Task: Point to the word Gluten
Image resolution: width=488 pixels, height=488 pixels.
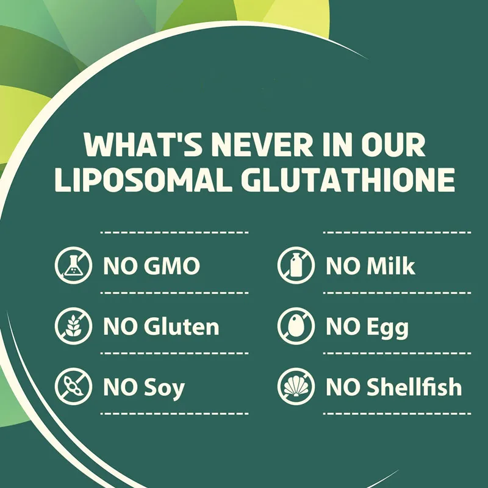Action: click(x=181, y=327)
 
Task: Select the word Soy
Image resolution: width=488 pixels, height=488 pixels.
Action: click(x=165, y=388)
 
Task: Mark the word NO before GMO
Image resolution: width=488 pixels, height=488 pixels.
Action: click(x=120, y=267)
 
